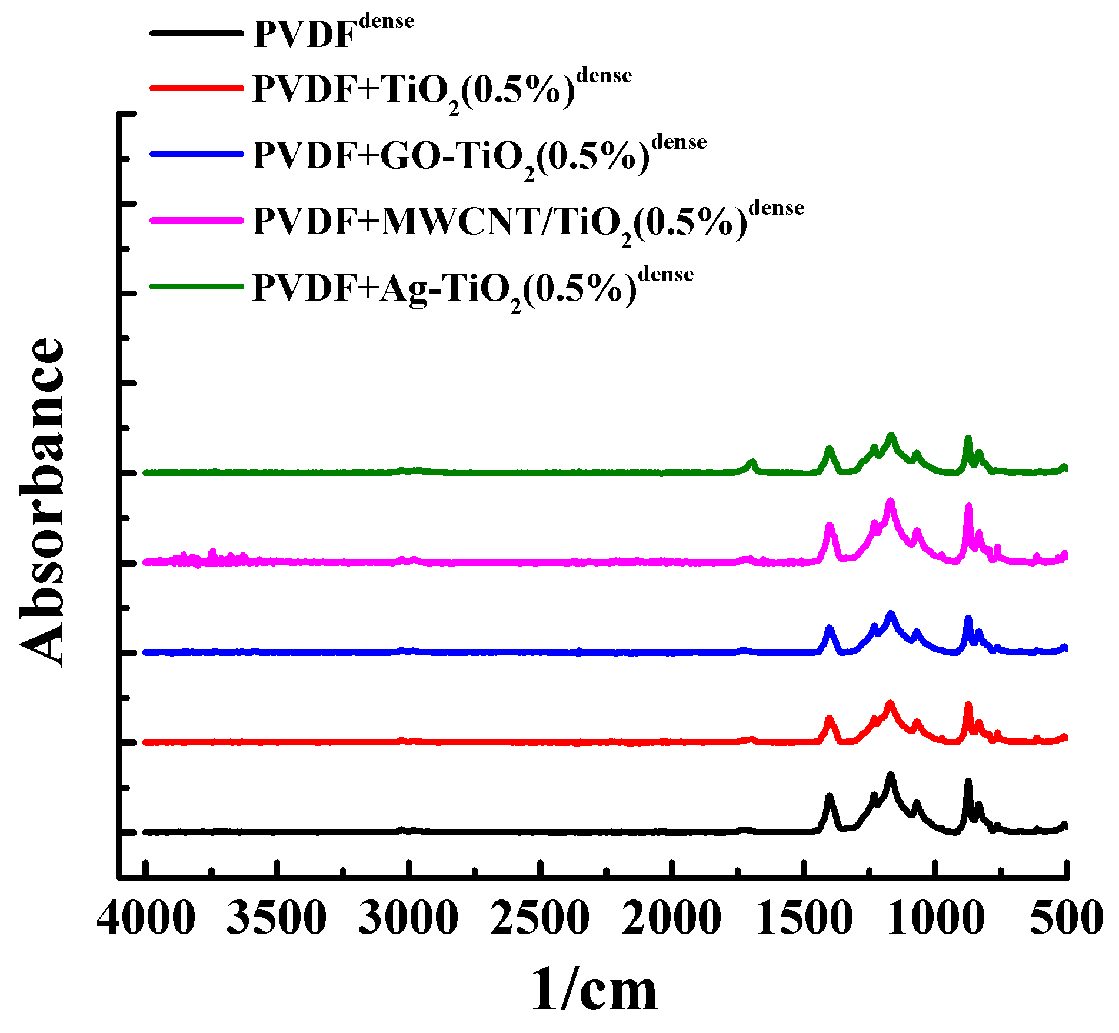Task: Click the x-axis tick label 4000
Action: tap(146, 918)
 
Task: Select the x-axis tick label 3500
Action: tap(277, 918)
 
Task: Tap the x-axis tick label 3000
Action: tap(408, 918)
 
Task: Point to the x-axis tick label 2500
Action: tap(539, 918)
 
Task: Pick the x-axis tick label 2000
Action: tap(671, 918)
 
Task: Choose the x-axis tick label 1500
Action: tap(803, 918)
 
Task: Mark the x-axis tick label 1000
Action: tap(935, 918)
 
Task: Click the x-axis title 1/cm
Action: tap(594, 989)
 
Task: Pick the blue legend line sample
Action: tap(197, 154)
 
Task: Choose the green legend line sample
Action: tap(197, 286)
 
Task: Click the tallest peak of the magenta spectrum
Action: tap(890, 501)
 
